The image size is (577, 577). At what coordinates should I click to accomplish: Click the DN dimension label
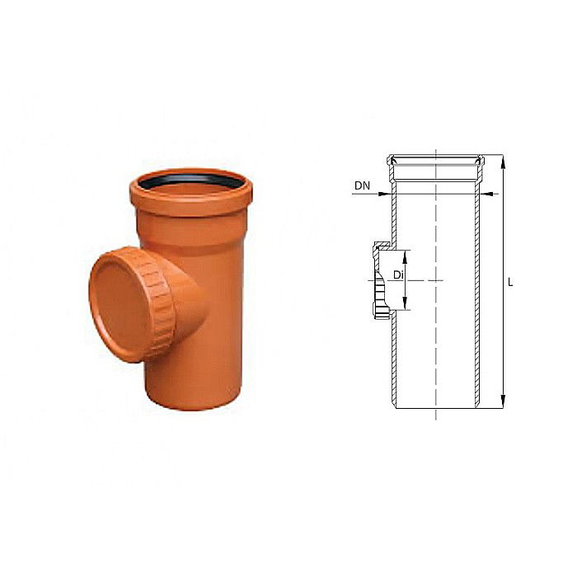[362, 186]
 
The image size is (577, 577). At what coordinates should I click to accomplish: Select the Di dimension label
[397, 274]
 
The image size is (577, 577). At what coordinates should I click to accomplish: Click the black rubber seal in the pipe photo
[190, 179]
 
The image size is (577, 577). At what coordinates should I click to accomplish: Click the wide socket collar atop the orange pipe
[190, 198]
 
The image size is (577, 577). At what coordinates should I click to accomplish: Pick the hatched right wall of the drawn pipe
[479, 297]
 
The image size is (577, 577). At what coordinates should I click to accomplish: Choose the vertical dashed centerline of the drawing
[435, 346]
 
